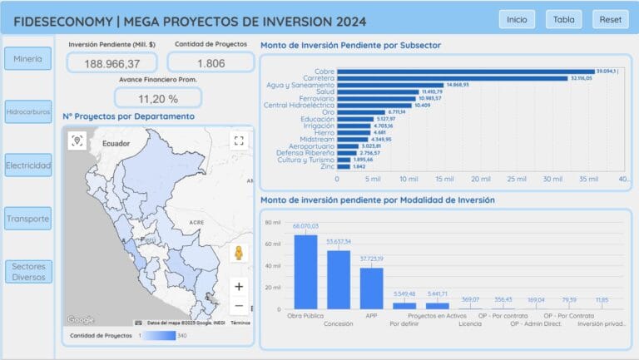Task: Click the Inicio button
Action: (x=517, y=19)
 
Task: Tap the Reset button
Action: (x=611, y=19)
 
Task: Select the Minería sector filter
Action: (x=28, y=58)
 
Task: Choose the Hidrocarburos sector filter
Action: (x=28, y=111)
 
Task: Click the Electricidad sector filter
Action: (x=28, y=165)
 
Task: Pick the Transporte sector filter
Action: (x=28, y=219)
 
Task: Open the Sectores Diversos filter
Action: (x=28, y=271)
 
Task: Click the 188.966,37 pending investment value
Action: (x=111, y=63)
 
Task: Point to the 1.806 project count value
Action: (x=211, y=63)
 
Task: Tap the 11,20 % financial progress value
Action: (x=158, y=99)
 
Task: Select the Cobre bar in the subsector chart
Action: (x=466, y=72)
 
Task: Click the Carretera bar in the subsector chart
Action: (x=453, y=78)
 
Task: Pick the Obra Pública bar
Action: (x=305, y=271)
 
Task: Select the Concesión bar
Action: (x=339, y=279)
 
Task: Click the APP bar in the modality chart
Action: (x=371, y=288)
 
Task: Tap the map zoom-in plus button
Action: (x=239, y=286)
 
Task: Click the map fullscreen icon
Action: (x=239, y=141)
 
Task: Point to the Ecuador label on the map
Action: (x=117, y=144)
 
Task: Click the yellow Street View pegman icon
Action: (x=239, y=254)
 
